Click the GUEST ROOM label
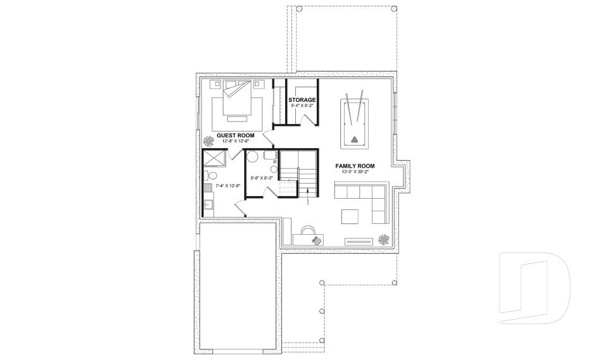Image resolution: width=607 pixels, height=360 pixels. (235, 135)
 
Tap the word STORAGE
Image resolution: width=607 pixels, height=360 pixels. (302, 100)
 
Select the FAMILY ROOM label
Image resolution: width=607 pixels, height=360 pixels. (359, 166)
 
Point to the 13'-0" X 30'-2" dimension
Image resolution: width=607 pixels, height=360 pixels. (359, 171)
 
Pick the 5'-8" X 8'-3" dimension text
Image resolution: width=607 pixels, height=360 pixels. (262, 178)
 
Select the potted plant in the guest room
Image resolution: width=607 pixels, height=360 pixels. (208, 140)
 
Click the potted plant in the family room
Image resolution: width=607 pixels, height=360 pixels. (384, 239)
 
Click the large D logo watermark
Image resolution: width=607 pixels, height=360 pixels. (534, 285)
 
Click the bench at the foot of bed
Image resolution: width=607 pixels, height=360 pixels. (238, 119)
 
